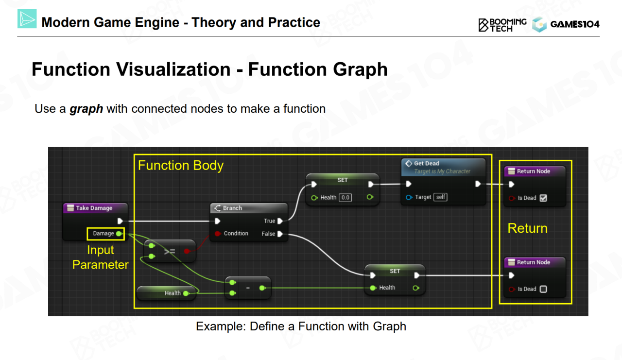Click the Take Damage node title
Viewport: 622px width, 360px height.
pos(94,208)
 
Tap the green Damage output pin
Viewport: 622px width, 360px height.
pos(119,234)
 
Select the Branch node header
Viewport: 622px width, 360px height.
pos(232,208)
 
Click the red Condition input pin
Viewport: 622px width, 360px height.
pos(218,234)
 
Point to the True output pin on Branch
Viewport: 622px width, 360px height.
pos(280,221)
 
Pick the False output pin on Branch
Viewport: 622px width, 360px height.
pos(280,234)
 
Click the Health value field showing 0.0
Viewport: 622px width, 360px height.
pos(345,197)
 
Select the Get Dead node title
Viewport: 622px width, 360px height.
pos(427,164)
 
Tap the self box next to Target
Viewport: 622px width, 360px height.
pos(441,197)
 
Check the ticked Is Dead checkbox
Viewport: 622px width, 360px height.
pos(543,198)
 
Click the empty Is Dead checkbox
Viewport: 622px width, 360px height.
pos(543,289)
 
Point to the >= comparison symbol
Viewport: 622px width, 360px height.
pos(170,251)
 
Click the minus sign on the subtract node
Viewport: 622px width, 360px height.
pos(248,288)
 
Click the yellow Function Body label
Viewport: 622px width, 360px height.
pos(180,166)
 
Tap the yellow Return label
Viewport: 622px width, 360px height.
pos(527,228)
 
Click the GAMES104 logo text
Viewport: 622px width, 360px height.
pos(575,24)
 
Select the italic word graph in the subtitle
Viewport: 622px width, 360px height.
pos(86,109)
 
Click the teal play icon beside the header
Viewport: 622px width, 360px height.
pos(27,19)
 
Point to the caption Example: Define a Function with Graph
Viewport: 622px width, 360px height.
pos(301,326)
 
